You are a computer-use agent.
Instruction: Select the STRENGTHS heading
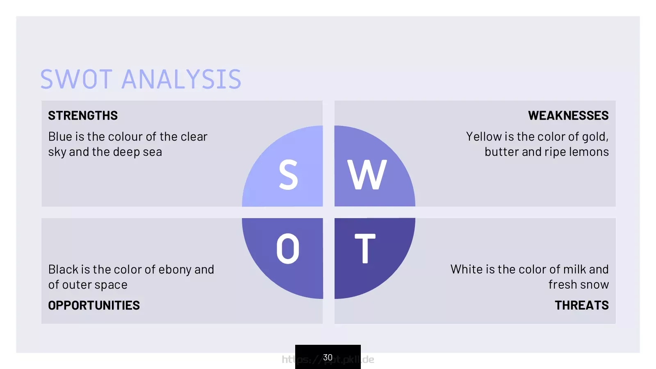tap(83, 115)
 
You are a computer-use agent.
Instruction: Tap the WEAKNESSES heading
tap(568, 115)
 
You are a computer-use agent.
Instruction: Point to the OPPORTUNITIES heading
tap(94, 305)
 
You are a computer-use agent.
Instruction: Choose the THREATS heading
tap(582, 305)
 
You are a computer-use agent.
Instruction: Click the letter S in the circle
tap(289, 175)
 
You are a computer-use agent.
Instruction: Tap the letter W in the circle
tap(367, 175)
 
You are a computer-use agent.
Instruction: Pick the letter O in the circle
tap(288, 248)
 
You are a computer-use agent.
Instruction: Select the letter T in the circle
tap(365, 248)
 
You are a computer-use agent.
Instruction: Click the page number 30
tap(328, 357)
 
